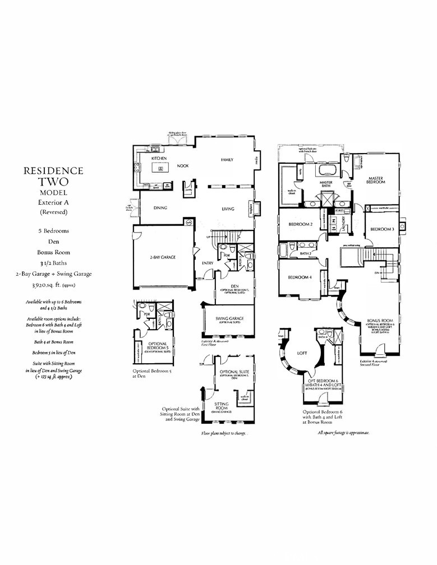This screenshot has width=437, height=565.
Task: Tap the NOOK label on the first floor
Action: tap(182, 166)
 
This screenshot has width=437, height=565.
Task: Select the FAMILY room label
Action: tap(227, 160)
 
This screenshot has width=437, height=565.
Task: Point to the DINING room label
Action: tap(162, 209)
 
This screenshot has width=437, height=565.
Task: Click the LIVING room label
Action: tap(227, 209)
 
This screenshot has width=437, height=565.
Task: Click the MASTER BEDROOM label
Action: tap(376, 179)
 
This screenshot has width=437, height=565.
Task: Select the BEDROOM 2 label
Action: tap(300, 224)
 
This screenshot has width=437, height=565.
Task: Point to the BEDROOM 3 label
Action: tap(381, 229)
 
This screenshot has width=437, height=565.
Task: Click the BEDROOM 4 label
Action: tap(300, 277)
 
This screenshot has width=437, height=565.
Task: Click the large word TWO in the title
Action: tap(53, 182)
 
